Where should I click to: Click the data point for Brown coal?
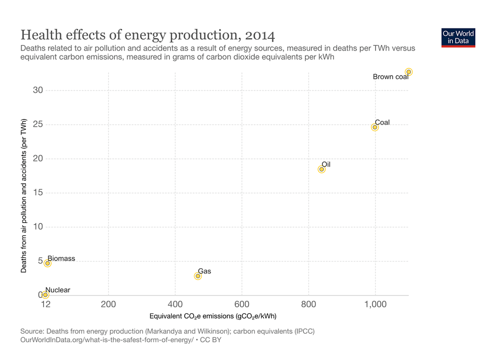tap(409, 72)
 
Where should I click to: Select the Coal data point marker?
tap(375, 127)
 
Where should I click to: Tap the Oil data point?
tap(322, 169)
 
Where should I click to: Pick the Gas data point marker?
tap(198, 276)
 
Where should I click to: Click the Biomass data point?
tap(47, 263)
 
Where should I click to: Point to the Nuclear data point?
tap(45, 295)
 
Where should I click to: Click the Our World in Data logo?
tap(458, 37)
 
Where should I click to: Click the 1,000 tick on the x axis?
tap(375, 305)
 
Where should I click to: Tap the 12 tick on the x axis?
tap(45, 305)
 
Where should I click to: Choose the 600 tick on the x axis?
tap(242, 305)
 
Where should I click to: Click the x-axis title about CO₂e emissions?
tap(213, 316)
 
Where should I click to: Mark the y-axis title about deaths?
tap(23, 196)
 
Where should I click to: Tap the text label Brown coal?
tap(390, 76)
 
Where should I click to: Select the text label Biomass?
tap(61, 259)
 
